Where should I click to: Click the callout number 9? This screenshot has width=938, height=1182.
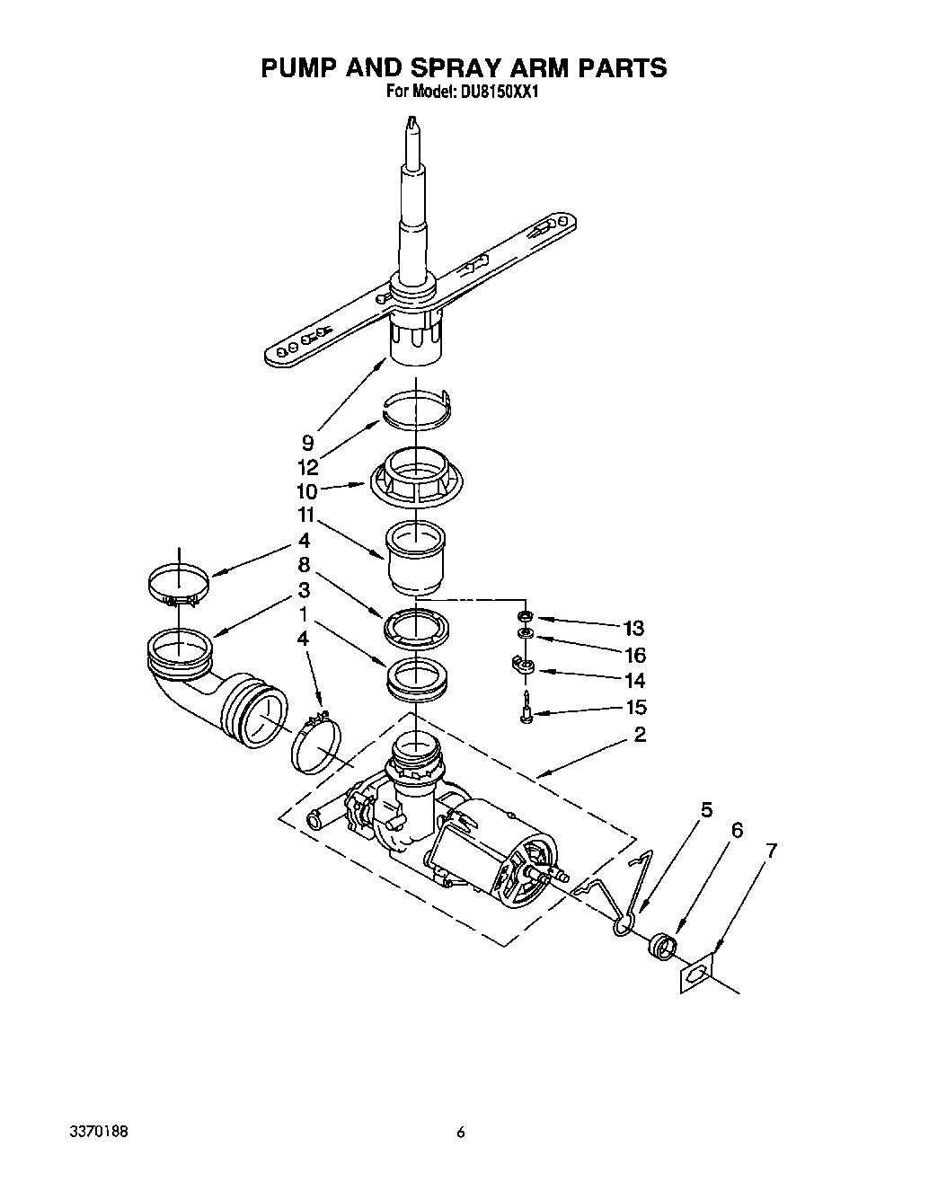click(x=307, y=442)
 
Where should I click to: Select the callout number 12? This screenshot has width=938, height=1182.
click(x=307, y=467)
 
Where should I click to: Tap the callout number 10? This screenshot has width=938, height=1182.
click(x=306, y=491)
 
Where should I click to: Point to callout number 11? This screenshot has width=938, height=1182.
click(x=306, y=516)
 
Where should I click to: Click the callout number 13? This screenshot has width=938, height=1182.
click(x=634, y=628)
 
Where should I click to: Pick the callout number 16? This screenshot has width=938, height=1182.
click(x=634, y=655)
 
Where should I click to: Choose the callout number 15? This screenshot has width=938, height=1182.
click(x=634, y=707)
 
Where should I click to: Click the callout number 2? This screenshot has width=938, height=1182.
click(x=640, y=735)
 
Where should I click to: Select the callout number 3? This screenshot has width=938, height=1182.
click(x=304, y=590)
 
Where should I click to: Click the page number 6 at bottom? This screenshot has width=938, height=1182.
click(x=461, y=1132)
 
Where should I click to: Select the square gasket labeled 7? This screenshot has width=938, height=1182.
click(x=695, y=974)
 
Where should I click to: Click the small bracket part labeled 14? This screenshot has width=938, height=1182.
click(x=523, y=666)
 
